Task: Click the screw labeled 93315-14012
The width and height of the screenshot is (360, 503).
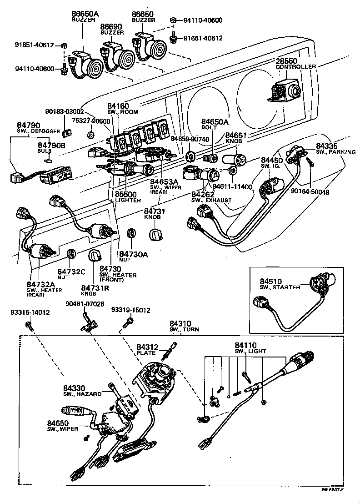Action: click(29, 324)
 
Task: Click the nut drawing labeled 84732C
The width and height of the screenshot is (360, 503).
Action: click(71, 254)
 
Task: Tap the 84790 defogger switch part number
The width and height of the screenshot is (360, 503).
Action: click(28, 125)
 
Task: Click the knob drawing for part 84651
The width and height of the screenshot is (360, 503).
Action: click(234, 159)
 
